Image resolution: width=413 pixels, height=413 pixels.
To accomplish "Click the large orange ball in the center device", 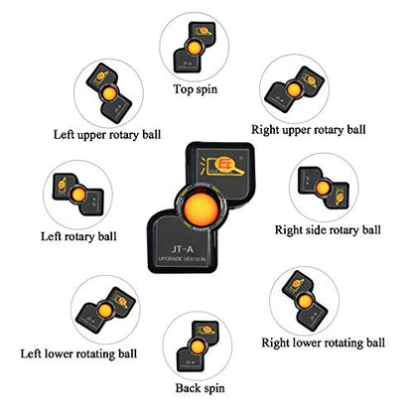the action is [202, 209].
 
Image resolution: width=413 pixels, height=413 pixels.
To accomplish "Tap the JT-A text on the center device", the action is [182, 248].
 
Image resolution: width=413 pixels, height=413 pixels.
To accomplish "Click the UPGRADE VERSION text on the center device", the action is [182, 259].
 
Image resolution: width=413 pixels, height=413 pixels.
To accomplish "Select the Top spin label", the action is [196, 89].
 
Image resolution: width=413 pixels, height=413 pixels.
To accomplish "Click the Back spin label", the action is [200, 388].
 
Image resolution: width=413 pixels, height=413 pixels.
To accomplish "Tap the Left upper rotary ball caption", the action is [107, 135].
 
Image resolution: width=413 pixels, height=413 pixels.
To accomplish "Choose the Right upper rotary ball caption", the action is [309, 130].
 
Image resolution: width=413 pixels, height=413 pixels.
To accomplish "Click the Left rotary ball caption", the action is [78, 236].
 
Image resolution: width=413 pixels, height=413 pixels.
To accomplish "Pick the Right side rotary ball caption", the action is [328, 230].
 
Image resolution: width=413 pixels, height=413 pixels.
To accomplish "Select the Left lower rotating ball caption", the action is [78, 353].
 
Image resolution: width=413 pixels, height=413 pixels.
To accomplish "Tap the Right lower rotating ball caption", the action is [324, 343].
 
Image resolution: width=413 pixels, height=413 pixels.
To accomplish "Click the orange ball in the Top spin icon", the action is [194, 48].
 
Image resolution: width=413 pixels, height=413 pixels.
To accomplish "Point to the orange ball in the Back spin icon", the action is [198, 346].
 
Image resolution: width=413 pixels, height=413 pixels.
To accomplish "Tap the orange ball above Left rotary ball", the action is [78, 195].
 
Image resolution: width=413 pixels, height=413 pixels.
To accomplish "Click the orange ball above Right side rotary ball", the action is [323, 188].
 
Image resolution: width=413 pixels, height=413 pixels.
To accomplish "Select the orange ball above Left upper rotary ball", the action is [109, 94].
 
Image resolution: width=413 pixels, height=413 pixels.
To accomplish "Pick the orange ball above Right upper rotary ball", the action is [293, 90].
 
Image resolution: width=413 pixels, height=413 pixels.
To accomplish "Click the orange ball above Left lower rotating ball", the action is [105, 311].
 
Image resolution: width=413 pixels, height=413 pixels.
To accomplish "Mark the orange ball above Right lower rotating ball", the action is [305, 301].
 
